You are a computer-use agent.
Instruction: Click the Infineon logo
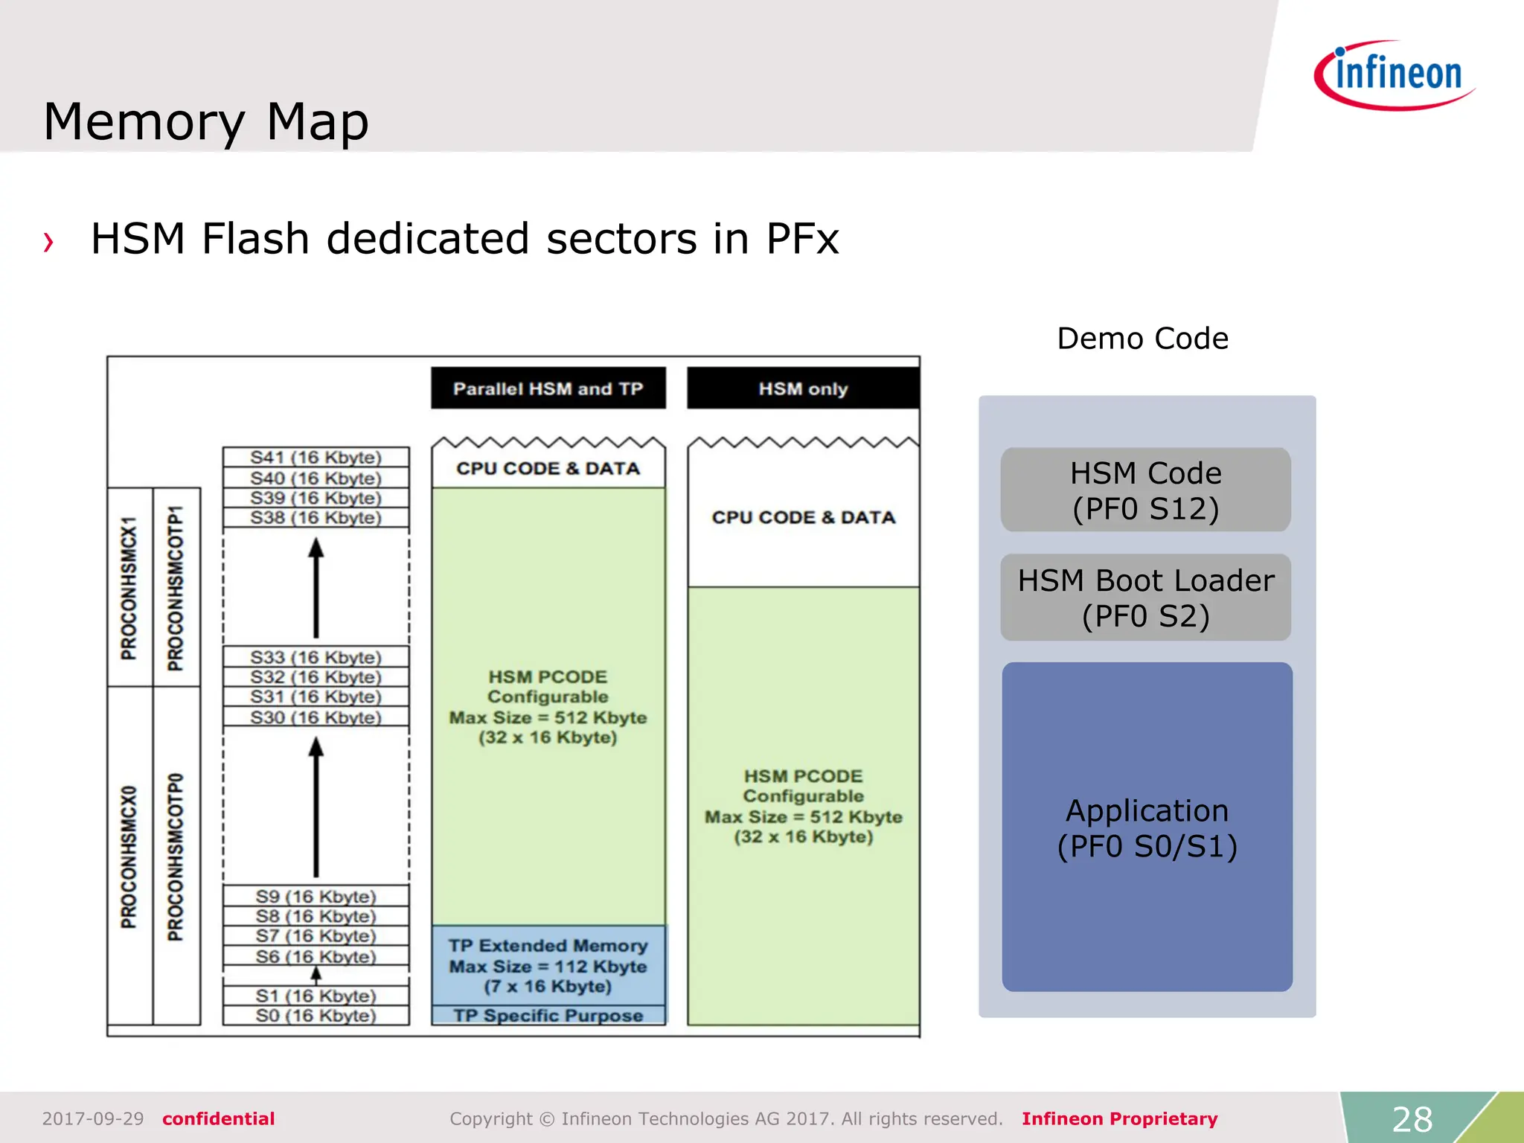[x=1394, y=75]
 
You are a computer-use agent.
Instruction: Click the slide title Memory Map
[x=206, y=122]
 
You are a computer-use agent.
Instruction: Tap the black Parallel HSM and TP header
[x=548, y=388]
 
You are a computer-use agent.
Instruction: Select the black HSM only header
[x=803, y=388]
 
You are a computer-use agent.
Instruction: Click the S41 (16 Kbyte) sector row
[x=316, y=457]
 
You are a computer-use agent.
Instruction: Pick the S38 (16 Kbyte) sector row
[x=316, y=517]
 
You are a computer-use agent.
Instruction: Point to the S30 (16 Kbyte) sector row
[x=316, y=717]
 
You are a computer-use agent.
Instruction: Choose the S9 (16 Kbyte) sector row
[x=316, y=896]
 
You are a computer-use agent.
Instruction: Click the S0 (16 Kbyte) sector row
[x=316, y=1015]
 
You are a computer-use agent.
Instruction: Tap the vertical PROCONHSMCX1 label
[x=129, y=588]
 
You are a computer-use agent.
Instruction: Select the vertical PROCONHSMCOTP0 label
[x=176, y=856]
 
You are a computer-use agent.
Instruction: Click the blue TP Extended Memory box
[x=548, y=965]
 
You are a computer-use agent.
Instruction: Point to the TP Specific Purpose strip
[x=548, y=1016]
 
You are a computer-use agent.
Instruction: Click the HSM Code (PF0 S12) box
[x=1145, y=490]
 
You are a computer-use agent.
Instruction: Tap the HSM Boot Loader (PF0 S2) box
[x=1145, y=598]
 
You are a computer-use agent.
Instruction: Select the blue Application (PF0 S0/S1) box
[x=1147, y=827]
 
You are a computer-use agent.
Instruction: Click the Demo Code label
[x=1142, y=339]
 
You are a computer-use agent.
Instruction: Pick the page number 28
[x=1412, y=1118]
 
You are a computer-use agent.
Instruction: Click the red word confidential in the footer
[x=218, y=1118]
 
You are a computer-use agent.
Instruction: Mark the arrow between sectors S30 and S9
[x=316, y=807]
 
